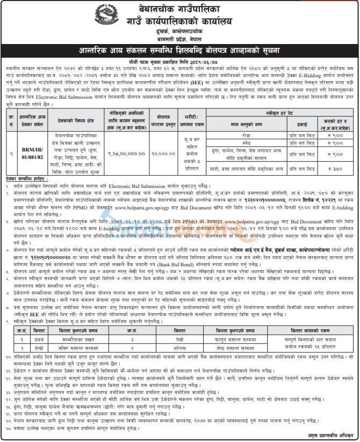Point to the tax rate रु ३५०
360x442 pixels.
(333, 169)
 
